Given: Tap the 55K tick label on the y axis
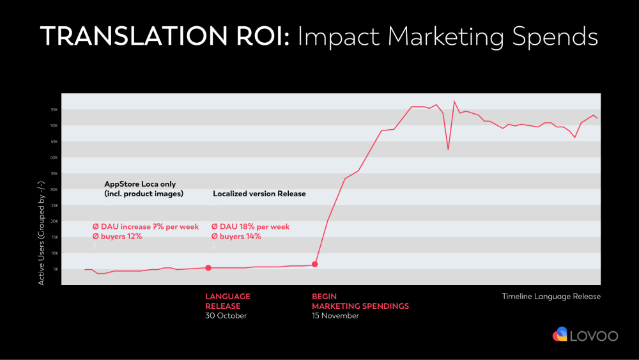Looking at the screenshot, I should (x=54, y=110).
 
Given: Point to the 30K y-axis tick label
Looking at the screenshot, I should (x=54, y=189).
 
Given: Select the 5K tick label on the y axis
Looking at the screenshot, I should (x=55, y=269).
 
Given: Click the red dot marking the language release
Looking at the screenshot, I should (x=208, y=268).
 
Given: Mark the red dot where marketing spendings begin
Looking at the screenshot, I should (x=314, y=264).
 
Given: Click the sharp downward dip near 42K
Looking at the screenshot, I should (x=448, y=149).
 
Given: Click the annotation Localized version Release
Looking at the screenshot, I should (x=259, y=194).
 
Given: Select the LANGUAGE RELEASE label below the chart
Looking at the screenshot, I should (x=227, y=301).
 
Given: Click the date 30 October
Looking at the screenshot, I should (x=226, y=316).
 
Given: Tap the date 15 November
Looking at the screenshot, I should (x=335, y=316).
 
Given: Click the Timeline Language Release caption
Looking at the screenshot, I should (x=551, y=297).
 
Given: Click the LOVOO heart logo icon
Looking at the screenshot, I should (x=560, y=334).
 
